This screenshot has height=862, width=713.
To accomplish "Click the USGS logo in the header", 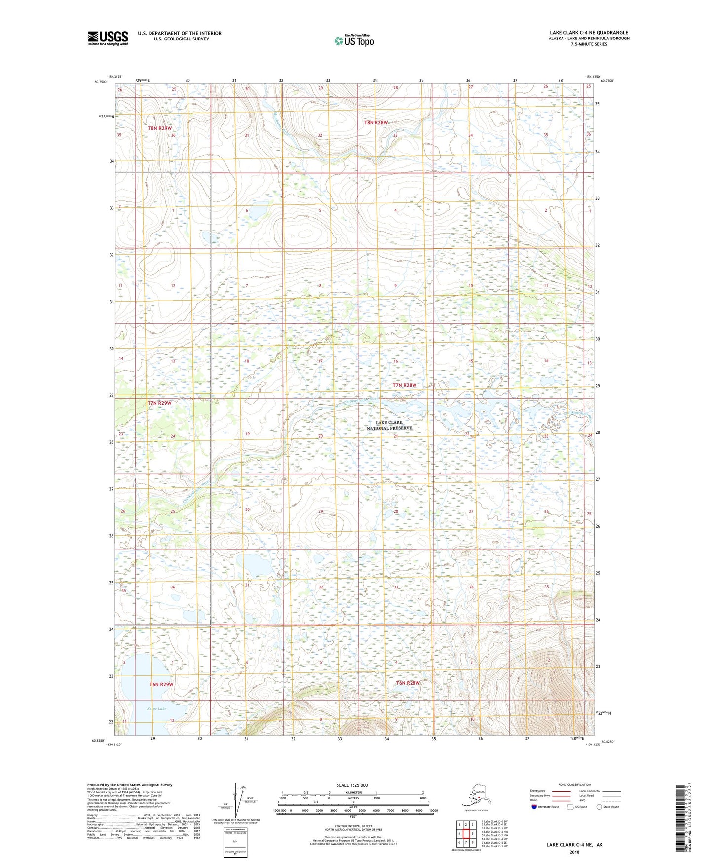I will (x=108, y=38).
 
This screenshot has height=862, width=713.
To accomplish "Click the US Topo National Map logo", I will (x=354, y=40).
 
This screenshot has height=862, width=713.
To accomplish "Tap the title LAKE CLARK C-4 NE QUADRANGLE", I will (x=589, y=33).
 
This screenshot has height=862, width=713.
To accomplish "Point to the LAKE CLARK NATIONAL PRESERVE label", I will (x=389, y=425).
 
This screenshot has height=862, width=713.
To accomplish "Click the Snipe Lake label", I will (x=157, y=708).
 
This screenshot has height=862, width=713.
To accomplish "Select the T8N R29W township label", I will (x=160, y=128).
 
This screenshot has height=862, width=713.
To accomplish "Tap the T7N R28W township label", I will (x=405, y=385).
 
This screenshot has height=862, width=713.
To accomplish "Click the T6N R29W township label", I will (x=162, y=684).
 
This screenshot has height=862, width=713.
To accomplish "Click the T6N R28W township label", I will (x=408, y=683).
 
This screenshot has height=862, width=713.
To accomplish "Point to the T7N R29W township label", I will (x=160, y=403).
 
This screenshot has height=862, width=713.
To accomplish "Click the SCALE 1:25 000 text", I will (x=352, y=785).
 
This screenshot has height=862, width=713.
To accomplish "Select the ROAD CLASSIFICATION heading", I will (x=574, y=784).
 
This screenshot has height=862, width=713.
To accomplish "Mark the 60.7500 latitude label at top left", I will (x=100, y=82).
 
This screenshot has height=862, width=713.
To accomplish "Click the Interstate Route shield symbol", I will (x=534, y=807).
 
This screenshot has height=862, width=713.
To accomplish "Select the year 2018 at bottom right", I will (x=574, y=852).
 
